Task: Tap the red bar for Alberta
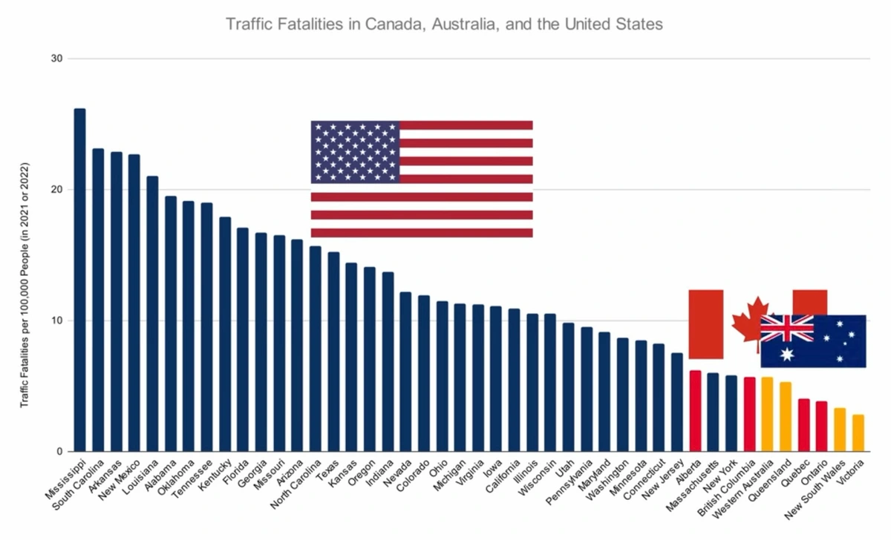695,411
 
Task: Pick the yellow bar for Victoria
858,433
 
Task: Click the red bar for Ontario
822,427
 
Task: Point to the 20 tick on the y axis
56,190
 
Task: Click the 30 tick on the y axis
56,59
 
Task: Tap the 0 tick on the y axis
59,452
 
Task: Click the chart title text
444,24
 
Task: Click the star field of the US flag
355,152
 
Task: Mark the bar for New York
731,413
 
